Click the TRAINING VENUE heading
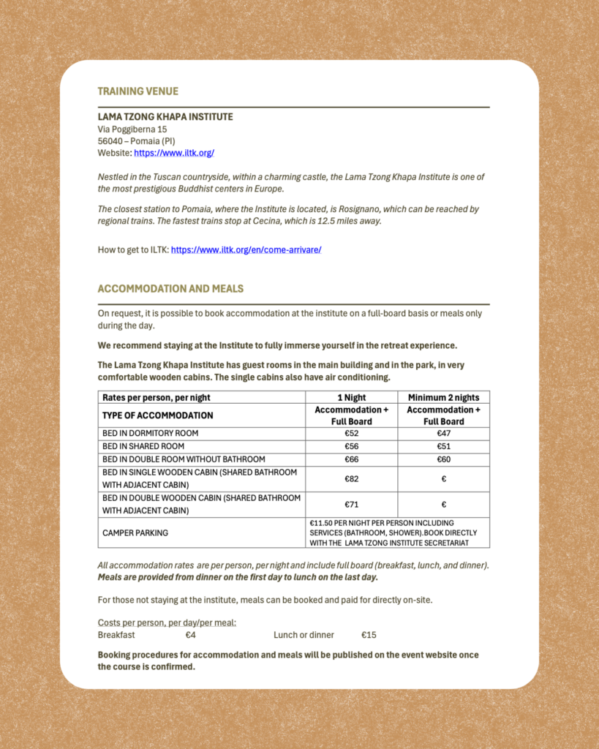tap(138, 91)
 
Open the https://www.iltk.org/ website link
tap(174, 153)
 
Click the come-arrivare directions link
tap(246, 249)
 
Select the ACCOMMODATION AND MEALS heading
tap(170, 289)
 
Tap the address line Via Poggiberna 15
tap(132, 129)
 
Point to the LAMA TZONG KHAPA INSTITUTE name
tap(165, 116)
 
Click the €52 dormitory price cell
tap(352, 433)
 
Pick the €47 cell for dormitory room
tap(444, 433)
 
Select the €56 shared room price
tap(352, 446)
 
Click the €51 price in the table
tap(444, 446)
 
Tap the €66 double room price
tap(352, 459)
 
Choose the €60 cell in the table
tap(444, 459)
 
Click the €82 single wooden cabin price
tap(352, 479)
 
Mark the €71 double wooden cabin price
tap(352, 505)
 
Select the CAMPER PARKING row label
tap(135, 532)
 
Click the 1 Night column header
tap(352, 397)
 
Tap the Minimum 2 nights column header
tap(444, 397)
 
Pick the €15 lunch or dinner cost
tap(369, 635)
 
